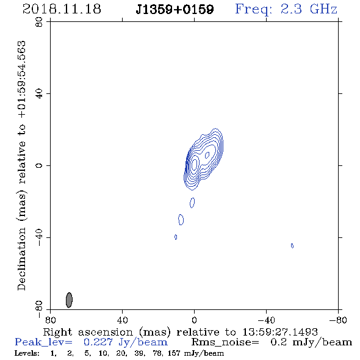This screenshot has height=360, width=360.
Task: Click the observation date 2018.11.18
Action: coord(62,9)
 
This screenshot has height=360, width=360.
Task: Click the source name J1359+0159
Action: coord(175,9)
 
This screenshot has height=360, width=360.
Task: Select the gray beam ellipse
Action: coord(69,300)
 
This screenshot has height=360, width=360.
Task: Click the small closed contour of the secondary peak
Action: coord(207,155)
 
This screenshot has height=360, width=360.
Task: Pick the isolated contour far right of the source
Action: coord(292,246)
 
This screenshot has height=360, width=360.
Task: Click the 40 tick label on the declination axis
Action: coord(39,93)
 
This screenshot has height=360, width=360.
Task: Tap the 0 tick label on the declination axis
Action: coord(39,165)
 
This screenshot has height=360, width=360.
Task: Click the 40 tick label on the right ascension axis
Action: coord(122,320)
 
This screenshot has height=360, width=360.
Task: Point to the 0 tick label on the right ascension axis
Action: coord(194,320)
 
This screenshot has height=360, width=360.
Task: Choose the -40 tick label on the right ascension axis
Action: coord(266,320)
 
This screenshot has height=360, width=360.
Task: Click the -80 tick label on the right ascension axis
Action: coord(338,320)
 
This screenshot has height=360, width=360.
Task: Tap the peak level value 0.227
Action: coord(98,342)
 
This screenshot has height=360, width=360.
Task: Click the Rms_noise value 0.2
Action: coord(279,342)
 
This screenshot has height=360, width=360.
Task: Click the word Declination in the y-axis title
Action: coord(21,259)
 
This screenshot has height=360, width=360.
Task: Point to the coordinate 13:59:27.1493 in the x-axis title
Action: coord(280,332)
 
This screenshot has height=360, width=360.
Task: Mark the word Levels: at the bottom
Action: coord(27,353)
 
